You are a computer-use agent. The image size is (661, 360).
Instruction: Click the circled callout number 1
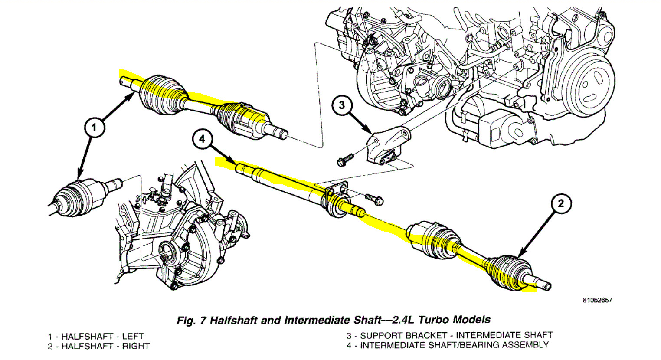pyautogui.click(x=95, y=128)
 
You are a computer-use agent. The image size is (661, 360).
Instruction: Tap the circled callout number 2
pyautogui.click(x=561, y=203)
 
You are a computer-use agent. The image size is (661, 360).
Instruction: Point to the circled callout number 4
pyautogui.click(x=202, y=139)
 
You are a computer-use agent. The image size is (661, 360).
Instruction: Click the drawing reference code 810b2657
pyautogui.click(x=597, y=300)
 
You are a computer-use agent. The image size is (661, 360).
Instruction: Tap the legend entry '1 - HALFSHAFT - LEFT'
pyautogui.click(x=95, y=336)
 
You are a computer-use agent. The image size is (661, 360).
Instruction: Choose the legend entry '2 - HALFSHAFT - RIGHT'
pyautogui.click(x=98, y=346)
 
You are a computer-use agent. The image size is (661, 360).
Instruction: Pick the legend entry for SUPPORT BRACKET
pyautogui.click(x=449, y=335)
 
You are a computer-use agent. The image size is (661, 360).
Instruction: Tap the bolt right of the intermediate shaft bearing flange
pyautogui.click(x=373, y=199)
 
